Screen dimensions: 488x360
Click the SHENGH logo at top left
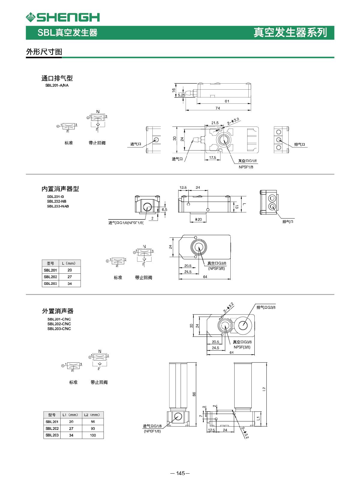click(x=62, y=17)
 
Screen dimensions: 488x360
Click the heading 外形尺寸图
click(x=44, y=52)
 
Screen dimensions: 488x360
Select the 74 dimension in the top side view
click(x=218, y=108)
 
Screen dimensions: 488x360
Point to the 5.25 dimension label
click(x=181, y=95)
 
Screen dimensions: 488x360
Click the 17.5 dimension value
click(x=212, y=157)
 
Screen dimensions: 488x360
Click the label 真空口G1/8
click(x=247, y=161)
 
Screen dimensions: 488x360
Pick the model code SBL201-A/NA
click(x=57, y=85)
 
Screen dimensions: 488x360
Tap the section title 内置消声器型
click(x=60, y=189)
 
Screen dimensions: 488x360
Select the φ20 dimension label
click(x=198, y=219)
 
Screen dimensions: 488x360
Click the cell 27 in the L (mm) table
click(x=70, y=277)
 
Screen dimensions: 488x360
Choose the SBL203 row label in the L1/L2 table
click(x=52, y=435)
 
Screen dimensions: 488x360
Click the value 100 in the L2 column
click(x=93, y=435)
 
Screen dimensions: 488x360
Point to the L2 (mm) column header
click(x=92, y=415)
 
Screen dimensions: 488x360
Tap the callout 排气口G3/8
click(x=266, y=307)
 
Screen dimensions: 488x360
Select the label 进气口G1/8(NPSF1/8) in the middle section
click(x=126, y=223)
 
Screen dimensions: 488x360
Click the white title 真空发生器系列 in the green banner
click(x=290, y=32)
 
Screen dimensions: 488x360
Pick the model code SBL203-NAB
click(x=58, y=206)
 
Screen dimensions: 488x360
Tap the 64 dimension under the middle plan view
click(x=205, y=277)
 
